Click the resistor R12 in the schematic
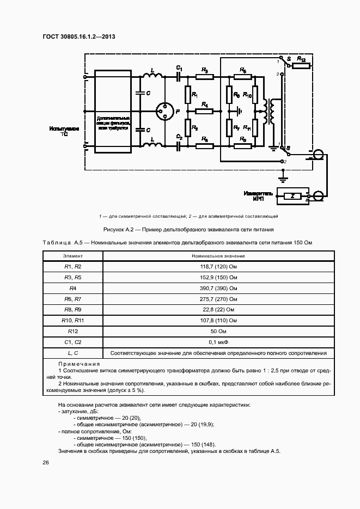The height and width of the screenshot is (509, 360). point(301,66)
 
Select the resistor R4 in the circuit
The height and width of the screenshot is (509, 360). point(204,111)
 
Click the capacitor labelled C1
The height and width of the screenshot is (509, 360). point(179,77)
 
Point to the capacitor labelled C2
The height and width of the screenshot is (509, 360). point(179,145)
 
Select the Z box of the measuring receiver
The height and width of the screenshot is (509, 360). point(292,195)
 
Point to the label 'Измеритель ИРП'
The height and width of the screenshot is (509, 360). point(254,195)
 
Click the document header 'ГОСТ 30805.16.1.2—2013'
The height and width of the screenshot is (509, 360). point(78,37)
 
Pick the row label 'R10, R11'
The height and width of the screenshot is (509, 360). point(72,320)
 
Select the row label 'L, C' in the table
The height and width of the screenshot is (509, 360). point(72,353)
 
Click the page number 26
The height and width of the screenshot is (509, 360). point(46,462)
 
